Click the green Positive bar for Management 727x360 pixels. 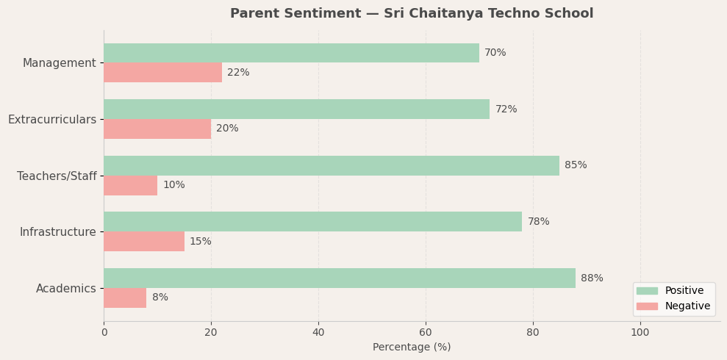(291, 53)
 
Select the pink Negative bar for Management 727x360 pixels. (162, 73)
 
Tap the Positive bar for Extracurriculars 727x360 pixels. (296, 109)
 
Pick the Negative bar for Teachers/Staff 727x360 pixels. (130, 185)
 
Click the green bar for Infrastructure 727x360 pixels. (312, 222)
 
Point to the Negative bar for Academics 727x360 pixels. (125, 298)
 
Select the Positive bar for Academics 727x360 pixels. (339, 278)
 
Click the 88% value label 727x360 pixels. (592, 278)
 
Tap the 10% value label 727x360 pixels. (173, 185)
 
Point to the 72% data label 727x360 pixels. (506, 109)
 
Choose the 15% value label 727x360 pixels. (200, 242)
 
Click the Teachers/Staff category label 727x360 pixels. (57, 176)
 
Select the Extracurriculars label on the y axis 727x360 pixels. (52, 120)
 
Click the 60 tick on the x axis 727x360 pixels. (426, 332)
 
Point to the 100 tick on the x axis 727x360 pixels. (640, 332)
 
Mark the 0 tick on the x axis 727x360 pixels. (104, 332)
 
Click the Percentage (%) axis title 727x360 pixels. (412, 348)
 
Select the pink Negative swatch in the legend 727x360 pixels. (647, 306)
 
